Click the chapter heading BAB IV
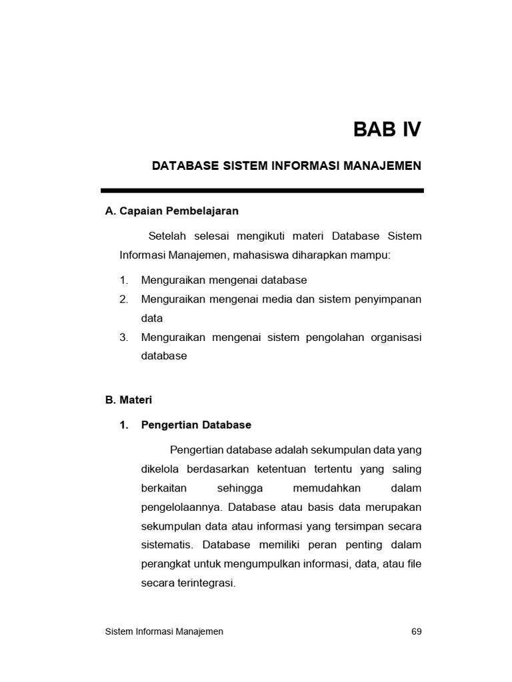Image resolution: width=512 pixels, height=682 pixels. coord(387,129)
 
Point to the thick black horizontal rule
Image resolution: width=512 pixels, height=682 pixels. coord(262,190)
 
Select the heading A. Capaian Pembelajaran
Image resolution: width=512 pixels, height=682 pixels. coord(172,211)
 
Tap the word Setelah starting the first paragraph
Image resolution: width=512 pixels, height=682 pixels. coord(167,236)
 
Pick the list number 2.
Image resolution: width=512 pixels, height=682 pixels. coord(123,300)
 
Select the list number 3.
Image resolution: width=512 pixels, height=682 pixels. coord(123,337)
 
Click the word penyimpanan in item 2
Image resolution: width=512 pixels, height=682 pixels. coord(388,300)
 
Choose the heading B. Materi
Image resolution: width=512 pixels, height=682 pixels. coord(129,400)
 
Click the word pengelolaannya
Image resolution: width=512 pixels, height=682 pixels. coord(179,508)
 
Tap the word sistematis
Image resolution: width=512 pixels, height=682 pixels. coord(166,545)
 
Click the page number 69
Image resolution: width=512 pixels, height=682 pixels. coord(417,631)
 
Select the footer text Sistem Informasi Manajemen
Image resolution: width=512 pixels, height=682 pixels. coord(165,631)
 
